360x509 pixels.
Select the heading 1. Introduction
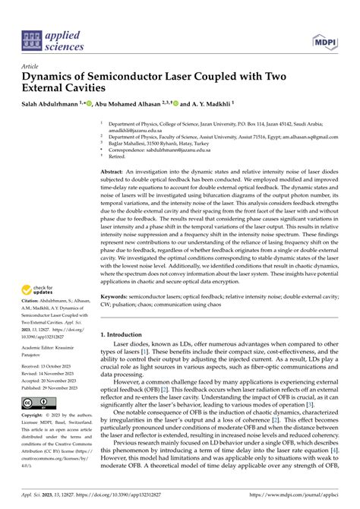(126, 334)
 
